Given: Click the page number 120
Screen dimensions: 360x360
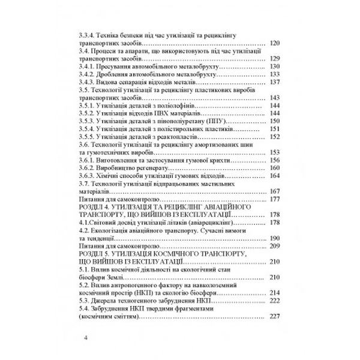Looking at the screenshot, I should coord(276,43).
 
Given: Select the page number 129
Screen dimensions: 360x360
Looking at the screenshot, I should coord(276,58).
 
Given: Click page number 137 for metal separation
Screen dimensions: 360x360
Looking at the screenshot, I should coord(276,82).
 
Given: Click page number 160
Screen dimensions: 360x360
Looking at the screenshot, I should coord(276,167).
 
